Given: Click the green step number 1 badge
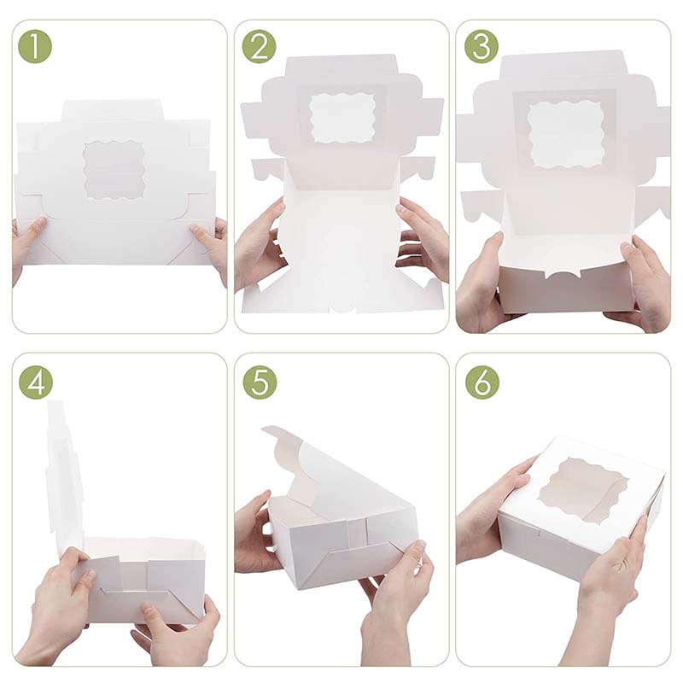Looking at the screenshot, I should click(34, 46).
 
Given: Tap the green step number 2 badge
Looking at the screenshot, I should click(259, 46).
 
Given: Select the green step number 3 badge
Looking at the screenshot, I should click(481, 46).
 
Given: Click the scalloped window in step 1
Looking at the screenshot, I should click(114, 170).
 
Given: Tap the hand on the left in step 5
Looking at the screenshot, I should click(253, 534).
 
